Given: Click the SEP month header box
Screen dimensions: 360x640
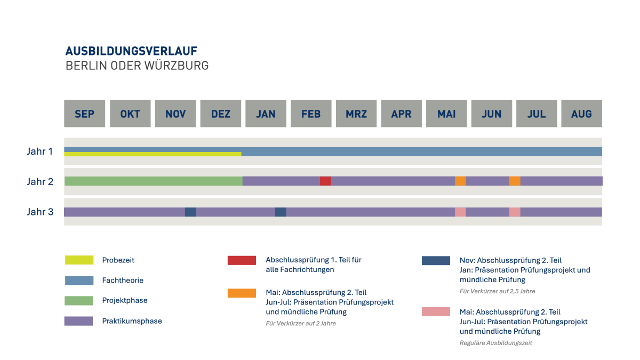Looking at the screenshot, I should [84, 114].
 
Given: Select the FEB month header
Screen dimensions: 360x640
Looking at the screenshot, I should [311, 114].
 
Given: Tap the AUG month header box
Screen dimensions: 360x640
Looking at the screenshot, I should [581, 114].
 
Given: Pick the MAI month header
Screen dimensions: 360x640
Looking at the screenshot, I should [446, 114].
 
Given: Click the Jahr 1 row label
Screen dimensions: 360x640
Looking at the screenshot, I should [40, 151].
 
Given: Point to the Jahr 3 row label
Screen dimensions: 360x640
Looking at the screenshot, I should [40, 212].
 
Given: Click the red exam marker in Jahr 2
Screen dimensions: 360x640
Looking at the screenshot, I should [325, 181].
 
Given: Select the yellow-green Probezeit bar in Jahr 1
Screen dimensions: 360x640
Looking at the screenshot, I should [153, 154].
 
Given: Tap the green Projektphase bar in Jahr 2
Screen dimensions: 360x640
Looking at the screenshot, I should [153, 181].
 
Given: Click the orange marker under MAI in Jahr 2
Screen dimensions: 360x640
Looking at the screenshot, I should [460, 181].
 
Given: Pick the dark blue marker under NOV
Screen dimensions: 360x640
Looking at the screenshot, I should [190, 212].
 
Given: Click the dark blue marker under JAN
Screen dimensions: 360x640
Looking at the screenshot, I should [281, 212].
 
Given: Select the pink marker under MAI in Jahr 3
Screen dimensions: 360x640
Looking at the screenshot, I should [460, 212].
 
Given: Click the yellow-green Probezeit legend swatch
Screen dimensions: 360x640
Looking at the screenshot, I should [79, 260].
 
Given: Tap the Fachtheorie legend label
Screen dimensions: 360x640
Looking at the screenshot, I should [123, 280].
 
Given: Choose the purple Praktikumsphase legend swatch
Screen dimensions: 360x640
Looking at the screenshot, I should [79, 321].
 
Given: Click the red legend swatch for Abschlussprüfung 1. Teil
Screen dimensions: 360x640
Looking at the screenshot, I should [242, 260].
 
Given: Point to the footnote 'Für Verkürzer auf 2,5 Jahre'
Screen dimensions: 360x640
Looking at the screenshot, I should [497, 291].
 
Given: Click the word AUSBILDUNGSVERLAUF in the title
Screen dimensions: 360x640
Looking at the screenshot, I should [131, 51].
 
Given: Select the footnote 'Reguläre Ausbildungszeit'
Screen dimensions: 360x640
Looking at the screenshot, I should [495, 343].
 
